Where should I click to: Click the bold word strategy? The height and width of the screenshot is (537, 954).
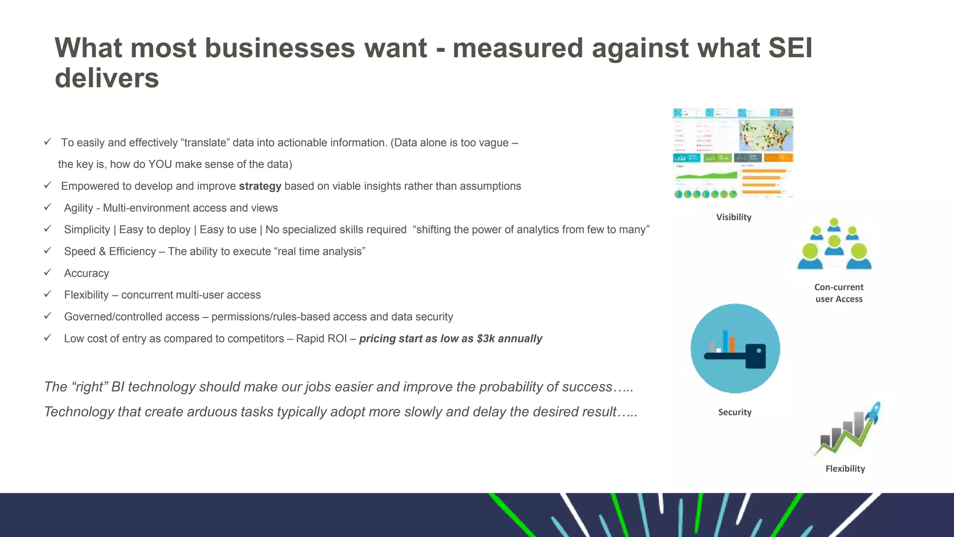(x=260, y=186)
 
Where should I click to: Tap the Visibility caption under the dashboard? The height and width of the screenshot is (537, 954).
(x=734, y=217)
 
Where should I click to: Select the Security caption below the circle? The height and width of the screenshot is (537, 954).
(x=735, y=412)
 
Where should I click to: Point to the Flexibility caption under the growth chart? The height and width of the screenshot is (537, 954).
(x=845, y=468)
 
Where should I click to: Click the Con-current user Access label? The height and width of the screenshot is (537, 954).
(x=839, y=293)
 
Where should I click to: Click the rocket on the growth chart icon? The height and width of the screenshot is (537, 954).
(x=873, y=412)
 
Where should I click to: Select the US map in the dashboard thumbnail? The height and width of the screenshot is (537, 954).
(x=766, y=135)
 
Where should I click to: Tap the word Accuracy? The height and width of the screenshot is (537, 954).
(x=87, y=273)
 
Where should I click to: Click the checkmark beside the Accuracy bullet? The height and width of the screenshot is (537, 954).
(x=48, y=272)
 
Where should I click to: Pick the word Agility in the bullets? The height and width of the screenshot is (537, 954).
(x=79, y=208)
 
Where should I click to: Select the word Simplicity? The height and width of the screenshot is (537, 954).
(x=87, y=230)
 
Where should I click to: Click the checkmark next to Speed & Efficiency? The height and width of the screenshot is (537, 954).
(x=48, y=250)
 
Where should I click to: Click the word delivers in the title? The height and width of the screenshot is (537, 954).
(x=107, y=78)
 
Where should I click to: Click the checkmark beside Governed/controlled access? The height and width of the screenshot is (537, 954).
(x=48, y=316)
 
